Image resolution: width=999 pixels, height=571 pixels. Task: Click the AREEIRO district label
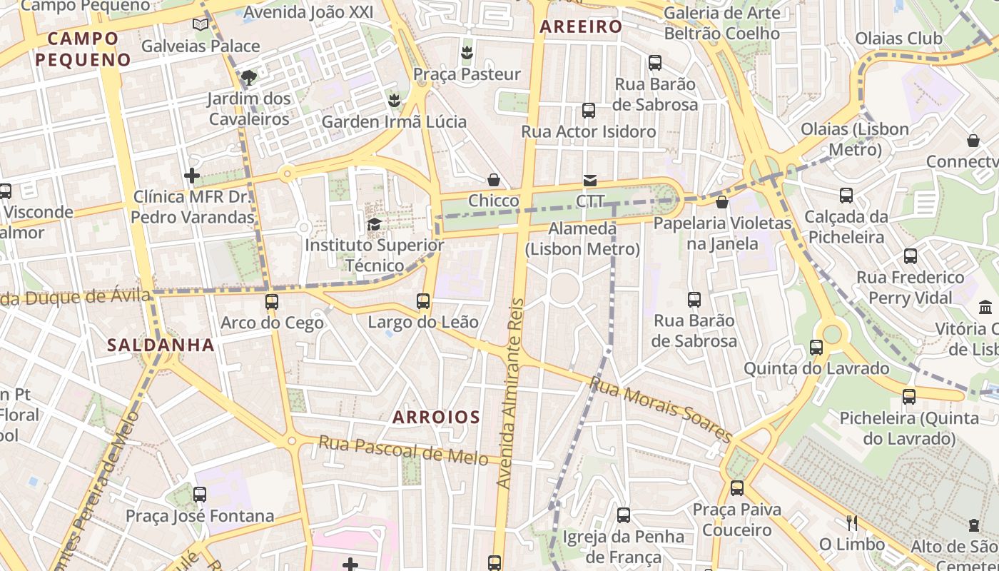click(x=581, y=27)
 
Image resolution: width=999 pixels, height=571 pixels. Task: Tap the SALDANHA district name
click(x=161, y=345)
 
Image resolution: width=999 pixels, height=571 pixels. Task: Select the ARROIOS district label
click(x=436, y=417)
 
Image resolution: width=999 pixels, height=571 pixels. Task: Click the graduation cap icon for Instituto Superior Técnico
click(x=374, y=225)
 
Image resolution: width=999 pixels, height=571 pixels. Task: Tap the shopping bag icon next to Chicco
click(x=493, y=180)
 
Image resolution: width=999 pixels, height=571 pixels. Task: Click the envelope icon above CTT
click(x=590, y=180)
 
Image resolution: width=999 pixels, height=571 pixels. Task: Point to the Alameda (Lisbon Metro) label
click(x=582, y=239)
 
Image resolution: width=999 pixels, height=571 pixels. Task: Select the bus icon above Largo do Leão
click(x=423, y=301)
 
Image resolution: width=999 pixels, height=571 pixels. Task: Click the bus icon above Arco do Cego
click(x=272, y=302)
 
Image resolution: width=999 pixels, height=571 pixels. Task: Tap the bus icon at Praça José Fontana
click(x=200, y=494)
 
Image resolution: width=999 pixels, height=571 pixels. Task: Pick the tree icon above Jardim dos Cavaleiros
click(x=248, y=77)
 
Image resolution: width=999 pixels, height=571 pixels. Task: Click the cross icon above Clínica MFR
click(x=192, y=175)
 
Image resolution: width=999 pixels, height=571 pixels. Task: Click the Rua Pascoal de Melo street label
click(x=402, y=450)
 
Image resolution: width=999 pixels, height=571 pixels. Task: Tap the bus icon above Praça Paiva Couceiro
click(x=737, y=488)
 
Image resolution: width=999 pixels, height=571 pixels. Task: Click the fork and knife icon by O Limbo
click(x=851, y=523)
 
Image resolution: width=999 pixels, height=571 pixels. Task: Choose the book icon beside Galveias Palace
click(x=201, y=25)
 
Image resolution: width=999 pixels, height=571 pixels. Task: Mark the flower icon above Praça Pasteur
click(x=467, y=52)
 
